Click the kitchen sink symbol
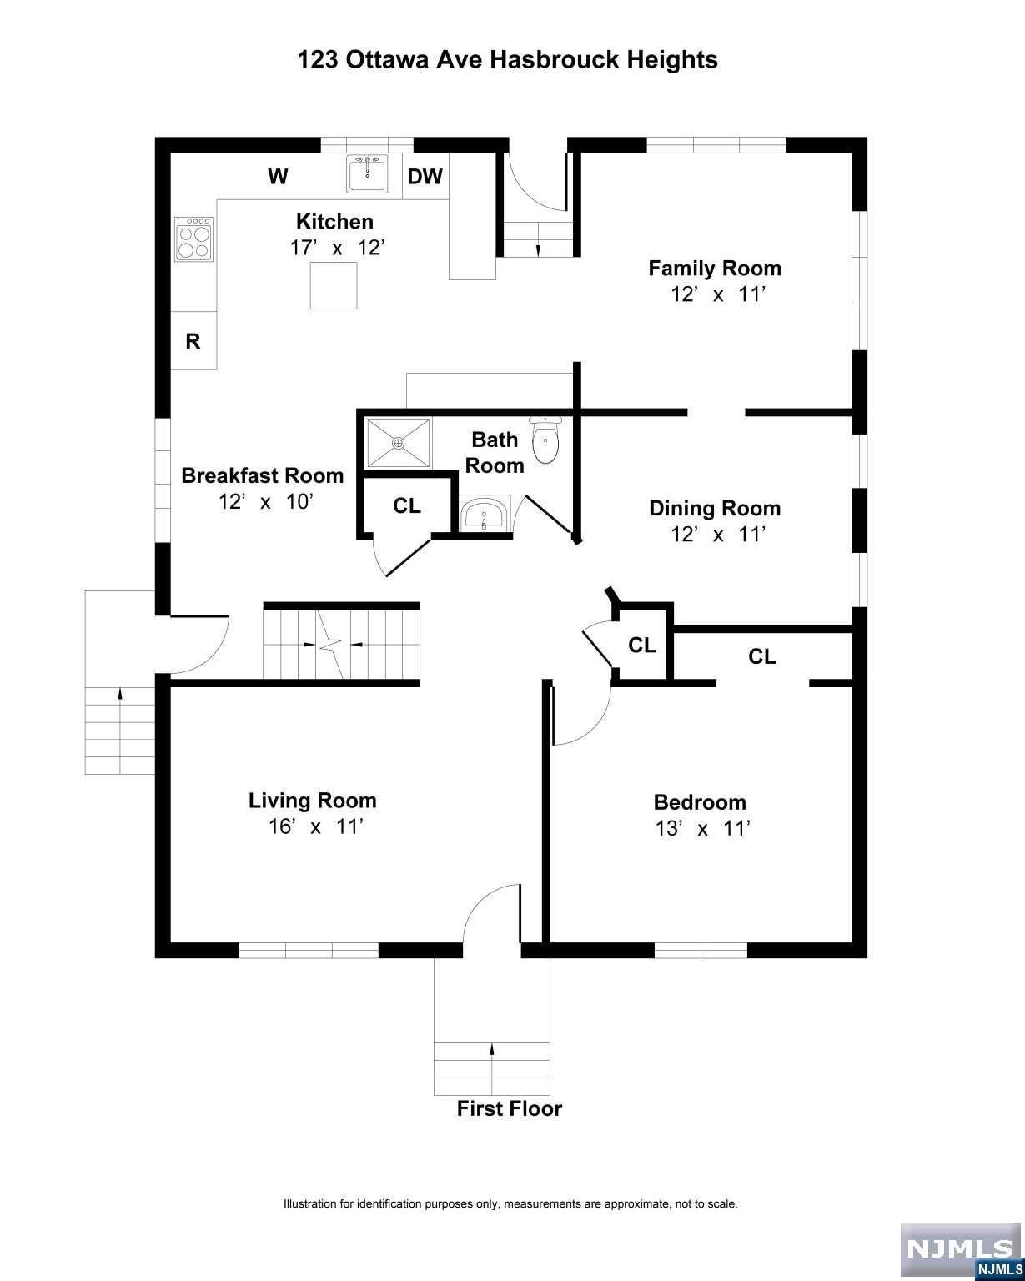367,173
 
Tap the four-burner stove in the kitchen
193,239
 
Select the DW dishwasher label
425,176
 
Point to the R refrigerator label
193,341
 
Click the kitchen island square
334,285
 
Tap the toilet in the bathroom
545,440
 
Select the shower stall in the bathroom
398,443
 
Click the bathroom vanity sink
485,514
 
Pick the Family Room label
714,268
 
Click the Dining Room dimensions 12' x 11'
717,534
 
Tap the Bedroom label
700,801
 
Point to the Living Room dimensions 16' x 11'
315,826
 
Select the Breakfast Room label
263,475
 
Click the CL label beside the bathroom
406,505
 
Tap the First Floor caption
509,1108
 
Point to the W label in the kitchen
278,176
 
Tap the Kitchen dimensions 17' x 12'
337,247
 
